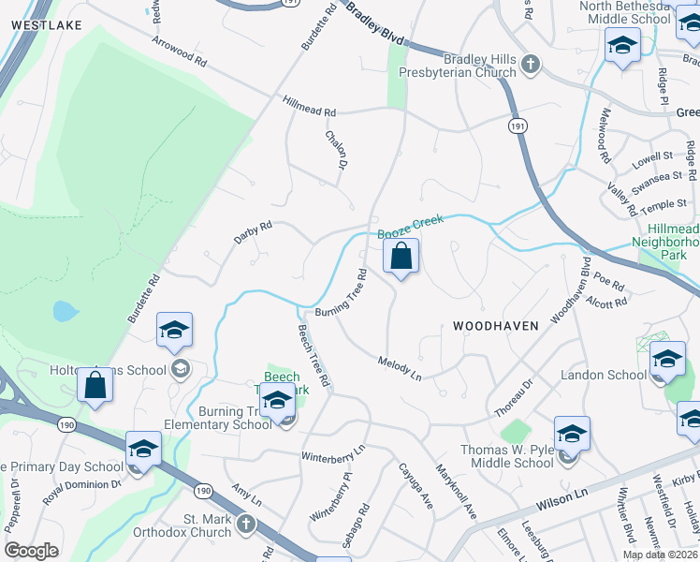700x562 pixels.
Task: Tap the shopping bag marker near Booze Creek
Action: pyautogui.click(x=401, y=256)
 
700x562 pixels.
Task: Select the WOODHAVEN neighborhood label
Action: pyautogui.click(x=496, y=326)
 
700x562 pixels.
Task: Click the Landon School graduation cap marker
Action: pyautogui.click(x=667, y=360)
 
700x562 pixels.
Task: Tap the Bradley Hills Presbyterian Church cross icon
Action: pyautogui.click(x=531, y=65)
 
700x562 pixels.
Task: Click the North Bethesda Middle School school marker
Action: pyautogui.click(x=621, y=45)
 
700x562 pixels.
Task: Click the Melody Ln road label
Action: pyautogui.click(x=400, y=367)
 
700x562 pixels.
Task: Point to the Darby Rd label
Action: pyautogui.click(x=253, y=233)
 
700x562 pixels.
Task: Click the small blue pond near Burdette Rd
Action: pyautogui.click(x=63, y=310)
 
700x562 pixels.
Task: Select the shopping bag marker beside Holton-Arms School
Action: pyautogui.click(x=95, y=384)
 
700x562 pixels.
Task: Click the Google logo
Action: pyautogui.click(x=32, y=551)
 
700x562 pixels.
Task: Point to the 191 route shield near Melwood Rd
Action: pyautogui.click(x=518, y=125)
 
